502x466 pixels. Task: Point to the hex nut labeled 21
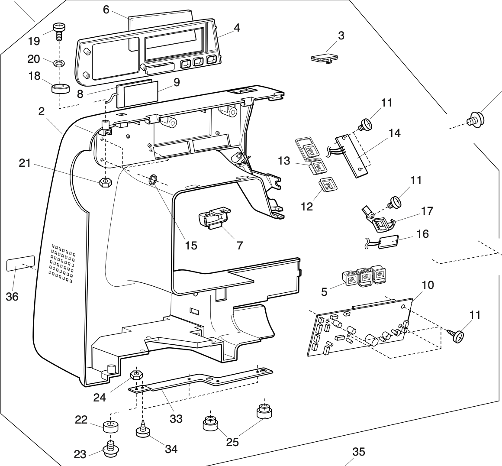point(104,182)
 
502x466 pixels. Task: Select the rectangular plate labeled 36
point(20,263)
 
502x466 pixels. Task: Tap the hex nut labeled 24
point(137,374)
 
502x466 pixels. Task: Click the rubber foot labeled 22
point(111,427)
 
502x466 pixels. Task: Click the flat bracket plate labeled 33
point(199,378)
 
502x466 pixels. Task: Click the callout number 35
point(359,452)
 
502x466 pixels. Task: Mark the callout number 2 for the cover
point(41,111)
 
